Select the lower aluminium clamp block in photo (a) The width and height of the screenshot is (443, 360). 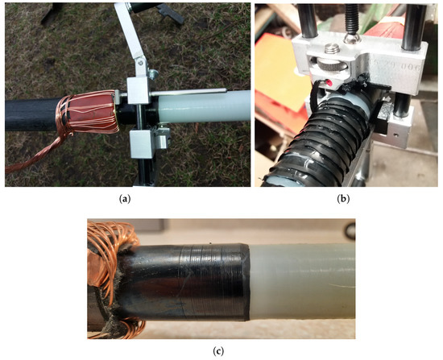145,145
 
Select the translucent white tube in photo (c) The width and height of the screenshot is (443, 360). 306,278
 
